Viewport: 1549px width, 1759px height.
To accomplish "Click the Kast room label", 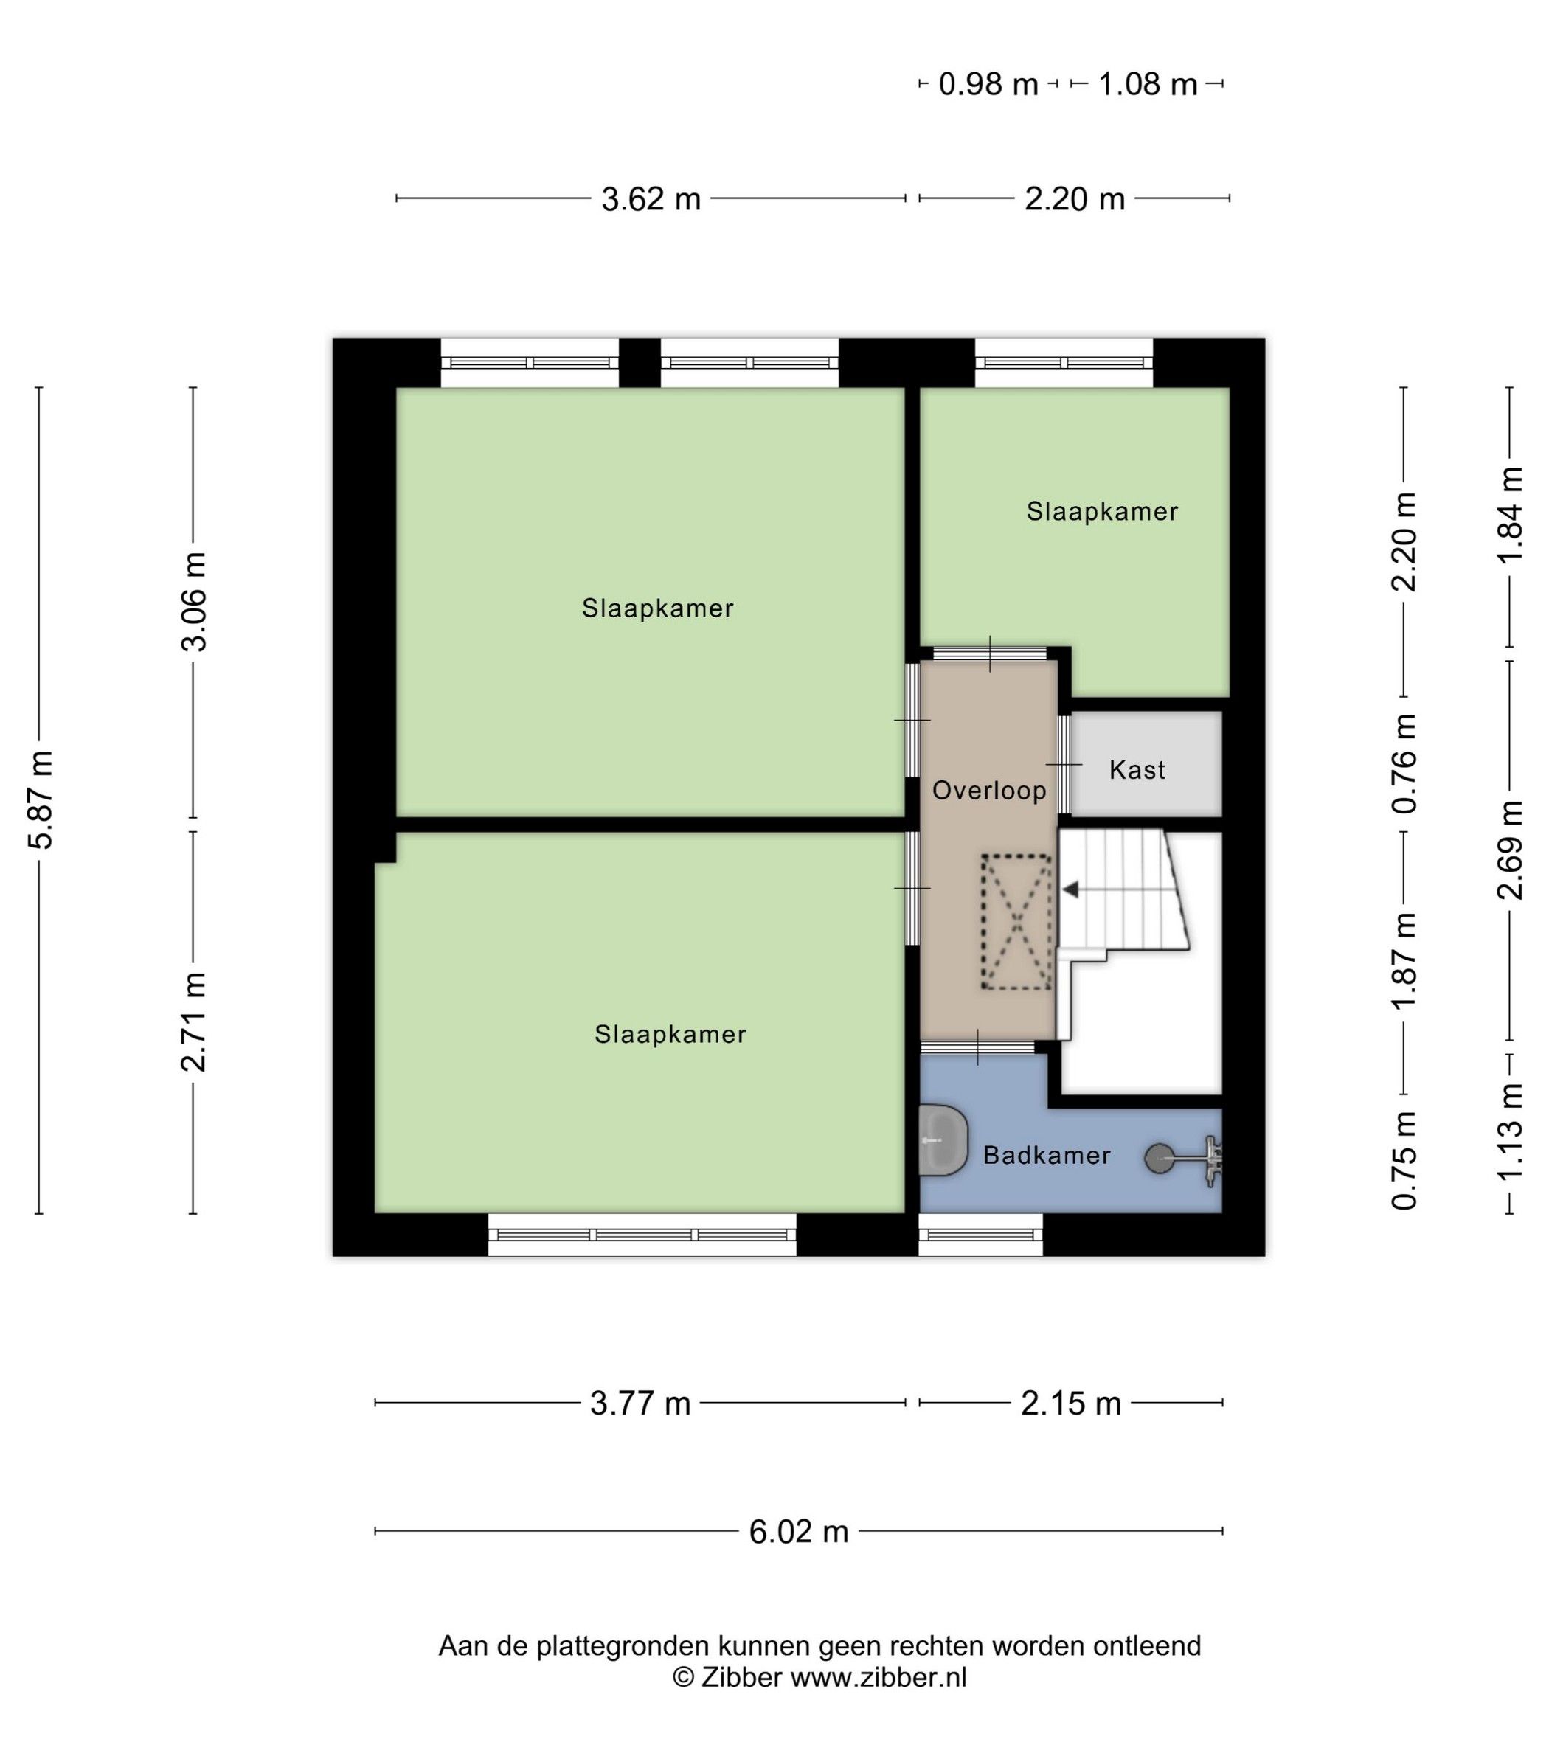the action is pos(1137,769).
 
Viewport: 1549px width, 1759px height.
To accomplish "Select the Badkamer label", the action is pos(1047,1155).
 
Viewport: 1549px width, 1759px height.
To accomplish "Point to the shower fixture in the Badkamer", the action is pos(1184,1159).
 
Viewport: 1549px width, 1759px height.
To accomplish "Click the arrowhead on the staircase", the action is pos(1070,889).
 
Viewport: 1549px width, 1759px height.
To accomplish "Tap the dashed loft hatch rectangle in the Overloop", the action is pos(1016,923).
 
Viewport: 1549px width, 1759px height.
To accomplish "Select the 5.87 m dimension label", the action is pos(41,799).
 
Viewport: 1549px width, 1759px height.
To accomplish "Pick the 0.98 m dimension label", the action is pos(988,84).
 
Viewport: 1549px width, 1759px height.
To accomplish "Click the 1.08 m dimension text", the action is pos(1147,84).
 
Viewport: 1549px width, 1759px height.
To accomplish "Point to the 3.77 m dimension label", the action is pos(640,1404).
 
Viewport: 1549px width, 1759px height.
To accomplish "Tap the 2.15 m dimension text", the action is pos(1070,1404).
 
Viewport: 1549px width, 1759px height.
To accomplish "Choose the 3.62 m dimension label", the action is pos(651,200).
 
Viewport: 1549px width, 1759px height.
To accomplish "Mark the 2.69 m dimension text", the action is pos(1511,850).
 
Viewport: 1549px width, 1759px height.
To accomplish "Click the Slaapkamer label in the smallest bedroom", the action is pos(1101,511).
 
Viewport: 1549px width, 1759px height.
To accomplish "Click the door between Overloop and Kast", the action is pos(1064,764).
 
